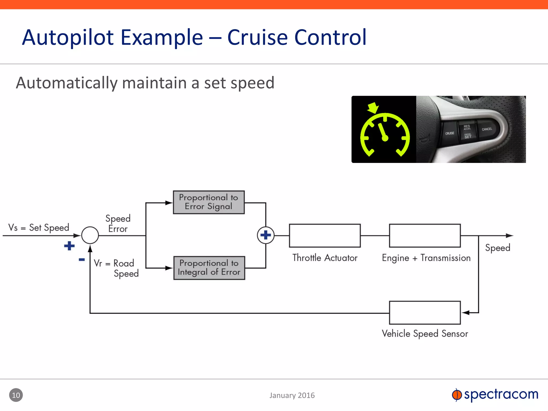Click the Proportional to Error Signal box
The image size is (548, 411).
click(209, 202)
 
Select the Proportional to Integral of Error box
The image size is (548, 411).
click(209, 268)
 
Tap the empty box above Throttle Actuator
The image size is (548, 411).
click(325, 236)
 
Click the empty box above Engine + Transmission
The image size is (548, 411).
click(425, 236)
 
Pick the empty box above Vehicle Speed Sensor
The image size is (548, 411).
click(425, 313)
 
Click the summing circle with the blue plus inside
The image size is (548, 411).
click(265, 235)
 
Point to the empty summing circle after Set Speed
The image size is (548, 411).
click(90, 235)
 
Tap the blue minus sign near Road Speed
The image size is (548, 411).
click(82, 260)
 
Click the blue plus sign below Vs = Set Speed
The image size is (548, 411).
click(69, 246)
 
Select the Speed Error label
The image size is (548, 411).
click(118, 223)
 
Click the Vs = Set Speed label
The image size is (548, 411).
click(39, 227)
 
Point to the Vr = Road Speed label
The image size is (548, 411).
click(117, 268)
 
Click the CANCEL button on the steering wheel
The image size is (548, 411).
click(487, 129)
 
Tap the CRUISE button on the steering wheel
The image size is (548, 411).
click(450, 133)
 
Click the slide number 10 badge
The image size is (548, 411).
click(16, 395)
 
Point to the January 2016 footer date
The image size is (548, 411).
click(292, 395)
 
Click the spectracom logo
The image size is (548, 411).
click(495, 395)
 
